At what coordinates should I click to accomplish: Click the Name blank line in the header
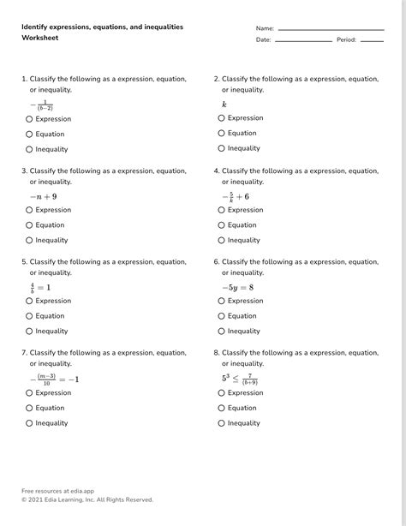click(x=331, y=30)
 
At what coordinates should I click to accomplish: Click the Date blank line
click(x=303, y=41)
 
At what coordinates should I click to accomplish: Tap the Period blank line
click(x=372, y=41)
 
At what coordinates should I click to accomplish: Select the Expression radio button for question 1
click(x=29, y=119)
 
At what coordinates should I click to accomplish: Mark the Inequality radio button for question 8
click(x=221, y=423)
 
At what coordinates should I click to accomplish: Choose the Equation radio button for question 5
click(x=29, y=316)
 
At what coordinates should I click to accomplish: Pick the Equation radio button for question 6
click(x=221, y=316)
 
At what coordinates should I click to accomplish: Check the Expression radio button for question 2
click(x=221, y=118)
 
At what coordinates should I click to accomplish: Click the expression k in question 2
click(x=224, y=105)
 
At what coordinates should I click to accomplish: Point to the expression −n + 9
click(x=43, y=196)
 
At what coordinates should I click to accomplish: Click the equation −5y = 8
click(x=237, y=287)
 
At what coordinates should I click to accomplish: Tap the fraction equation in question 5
click(x=40, y=287)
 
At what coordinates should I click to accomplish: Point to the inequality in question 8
click(x=240, y=379)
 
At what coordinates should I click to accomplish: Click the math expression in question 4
click(x=236, y=196)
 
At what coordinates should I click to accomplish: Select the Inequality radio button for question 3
click(x=29, y=241)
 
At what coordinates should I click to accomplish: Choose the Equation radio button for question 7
click(x=29, y=408)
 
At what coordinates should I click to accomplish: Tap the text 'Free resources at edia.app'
click(x=57, y=491)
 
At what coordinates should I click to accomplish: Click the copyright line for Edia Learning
click(x=87, y=499)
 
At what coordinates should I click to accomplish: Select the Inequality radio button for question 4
click(x=221, y=241)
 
